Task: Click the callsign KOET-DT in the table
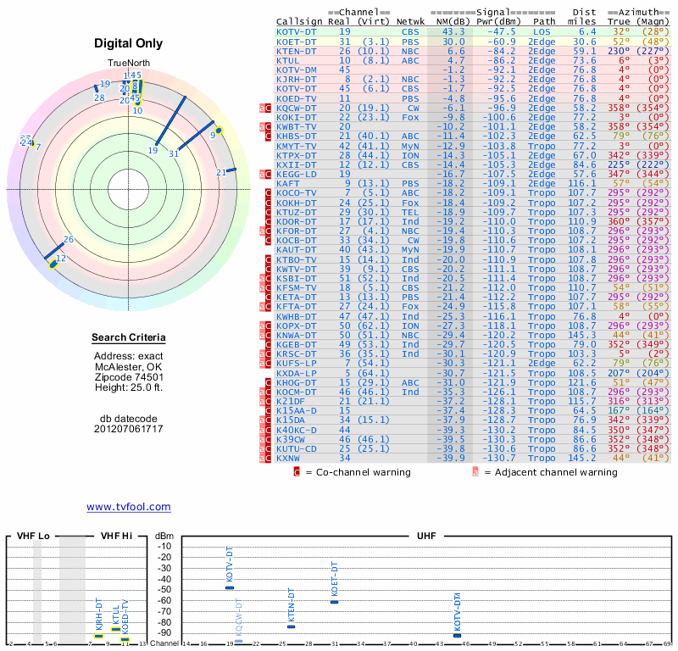pos(297,42)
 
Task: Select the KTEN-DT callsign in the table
pos(297,51)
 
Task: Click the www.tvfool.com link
pos(128,507)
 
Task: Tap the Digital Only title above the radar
pos(128,43)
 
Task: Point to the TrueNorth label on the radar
pos(128,64)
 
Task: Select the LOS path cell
pos(542,32)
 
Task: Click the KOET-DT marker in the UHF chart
pos(334,601)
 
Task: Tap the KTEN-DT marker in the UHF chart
pos(292,626)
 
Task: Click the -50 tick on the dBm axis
pos(164,589)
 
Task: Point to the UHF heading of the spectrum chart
pos(427,536)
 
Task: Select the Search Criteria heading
pos(128,339)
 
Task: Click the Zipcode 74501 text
pos(128,377)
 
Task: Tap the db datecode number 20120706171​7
pos(128,429)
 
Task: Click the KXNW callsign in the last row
pos(288,458)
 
